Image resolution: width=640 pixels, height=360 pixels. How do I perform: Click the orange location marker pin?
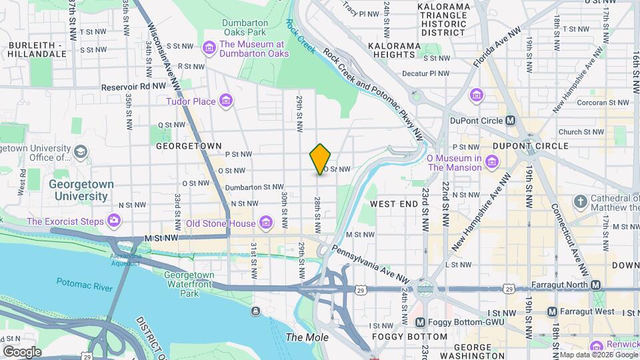click(320, 159)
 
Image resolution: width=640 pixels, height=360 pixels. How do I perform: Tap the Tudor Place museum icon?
click(226, 101)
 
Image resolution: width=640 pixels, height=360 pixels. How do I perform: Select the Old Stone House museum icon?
click(266, 222)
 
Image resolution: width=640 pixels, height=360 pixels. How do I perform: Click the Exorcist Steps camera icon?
click(114, 220)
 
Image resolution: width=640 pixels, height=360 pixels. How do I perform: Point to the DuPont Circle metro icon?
click(510, 120)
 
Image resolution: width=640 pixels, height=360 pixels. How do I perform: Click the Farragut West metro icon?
click(552, 311)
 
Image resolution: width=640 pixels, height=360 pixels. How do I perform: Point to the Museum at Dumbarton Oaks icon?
click(209, 47)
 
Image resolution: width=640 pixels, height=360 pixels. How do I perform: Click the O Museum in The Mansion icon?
click(491, 161)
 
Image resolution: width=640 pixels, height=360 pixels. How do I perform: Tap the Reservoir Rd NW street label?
click(133, 87)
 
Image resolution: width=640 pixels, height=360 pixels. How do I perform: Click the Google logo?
click(23, 351)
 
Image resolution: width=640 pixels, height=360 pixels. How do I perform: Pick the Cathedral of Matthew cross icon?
click(580, 200)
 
